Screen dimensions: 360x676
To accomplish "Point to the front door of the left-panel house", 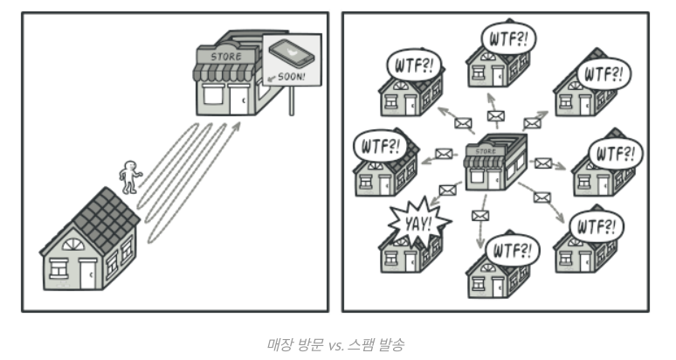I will coord(87,274).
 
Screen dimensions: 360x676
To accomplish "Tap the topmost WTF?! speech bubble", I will coord(508,39).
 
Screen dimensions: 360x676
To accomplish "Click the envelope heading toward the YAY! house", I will coord(448,190).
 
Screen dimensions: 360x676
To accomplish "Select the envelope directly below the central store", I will coord(479,215).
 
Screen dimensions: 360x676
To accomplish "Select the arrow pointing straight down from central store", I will coord(479,229).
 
